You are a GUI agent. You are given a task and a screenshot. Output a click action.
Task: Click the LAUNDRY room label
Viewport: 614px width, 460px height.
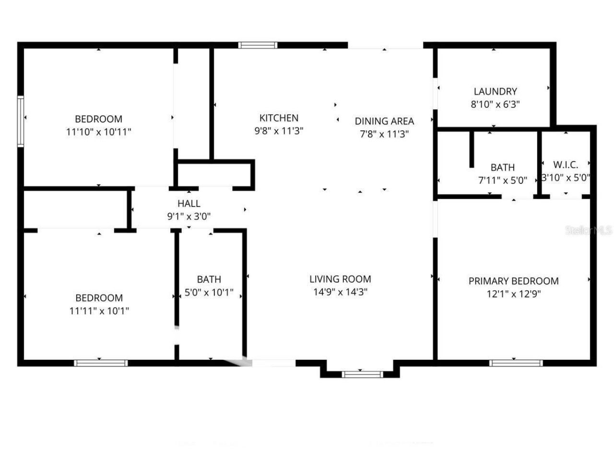[x=495, y=91]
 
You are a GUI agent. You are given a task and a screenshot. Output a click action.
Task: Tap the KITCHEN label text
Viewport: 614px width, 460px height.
[x=279, y=118]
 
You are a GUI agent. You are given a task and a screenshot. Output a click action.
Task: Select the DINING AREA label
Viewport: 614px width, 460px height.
[x=384, y=121]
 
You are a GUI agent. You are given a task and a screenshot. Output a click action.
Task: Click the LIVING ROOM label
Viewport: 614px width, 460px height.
[x=340, y=279]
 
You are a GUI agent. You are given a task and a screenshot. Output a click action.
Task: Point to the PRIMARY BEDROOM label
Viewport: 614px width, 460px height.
[x=513, y=281]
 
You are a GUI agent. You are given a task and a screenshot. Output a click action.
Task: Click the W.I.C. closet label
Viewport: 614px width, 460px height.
[x=566, y=165]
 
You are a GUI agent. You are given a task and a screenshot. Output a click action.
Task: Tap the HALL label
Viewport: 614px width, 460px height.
[x=189, y=204]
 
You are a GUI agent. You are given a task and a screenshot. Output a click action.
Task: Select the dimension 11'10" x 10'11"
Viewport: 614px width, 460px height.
[x=99, y=132]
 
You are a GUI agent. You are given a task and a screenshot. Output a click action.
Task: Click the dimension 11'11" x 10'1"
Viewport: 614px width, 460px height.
[x=99, y=310]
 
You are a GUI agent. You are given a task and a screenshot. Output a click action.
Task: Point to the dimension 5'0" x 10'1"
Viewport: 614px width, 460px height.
[x=209, y=292]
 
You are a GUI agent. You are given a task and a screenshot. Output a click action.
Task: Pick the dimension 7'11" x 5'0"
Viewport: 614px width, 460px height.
[x=503, y=181]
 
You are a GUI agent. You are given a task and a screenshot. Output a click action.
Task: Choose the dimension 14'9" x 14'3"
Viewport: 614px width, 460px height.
[x=340, y=292]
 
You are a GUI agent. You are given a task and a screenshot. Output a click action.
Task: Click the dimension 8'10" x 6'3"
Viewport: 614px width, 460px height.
[x=495, y=104]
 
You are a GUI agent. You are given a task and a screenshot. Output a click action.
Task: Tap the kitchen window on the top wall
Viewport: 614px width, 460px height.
[x=258, y=46]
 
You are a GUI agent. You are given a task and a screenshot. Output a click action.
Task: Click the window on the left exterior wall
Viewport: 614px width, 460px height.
[x=21, y=121]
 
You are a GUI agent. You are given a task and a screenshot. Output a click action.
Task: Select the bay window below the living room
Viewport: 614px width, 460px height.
[x=362, y=374]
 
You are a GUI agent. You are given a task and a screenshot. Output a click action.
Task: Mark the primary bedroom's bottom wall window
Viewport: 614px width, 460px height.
[x=516, y=363]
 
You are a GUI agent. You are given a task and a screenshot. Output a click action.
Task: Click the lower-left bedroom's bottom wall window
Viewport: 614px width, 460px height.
[x=101, y=363]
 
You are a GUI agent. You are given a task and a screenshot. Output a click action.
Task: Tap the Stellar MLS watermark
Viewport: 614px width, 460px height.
[x=589, y=230]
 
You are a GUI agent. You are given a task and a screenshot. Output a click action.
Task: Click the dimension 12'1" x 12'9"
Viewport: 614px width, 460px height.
[x=513, y=294]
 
